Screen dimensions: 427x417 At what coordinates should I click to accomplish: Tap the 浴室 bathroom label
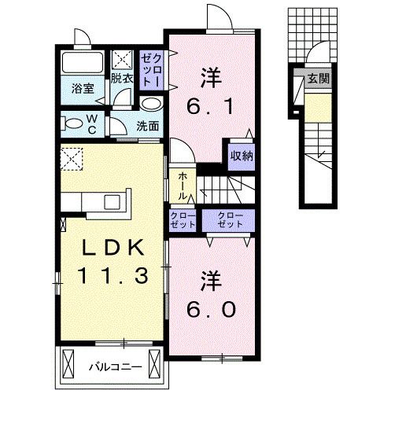83,88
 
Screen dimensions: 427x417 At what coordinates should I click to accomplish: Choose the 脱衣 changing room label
121,78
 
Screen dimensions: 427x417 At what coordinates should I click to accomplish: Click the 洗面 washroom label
147,125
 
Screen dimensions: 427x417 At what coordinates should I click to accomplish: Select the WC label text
93,124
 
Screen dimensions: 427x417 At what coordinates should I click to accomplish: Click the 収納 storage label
242,155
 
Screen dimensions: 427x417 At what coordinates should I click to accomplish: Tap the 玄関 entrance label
318,79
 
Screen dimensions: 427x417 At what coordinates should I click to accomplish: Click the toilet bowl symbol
74,123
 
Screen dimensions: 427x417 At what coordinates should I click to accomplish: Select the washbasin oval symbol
151,103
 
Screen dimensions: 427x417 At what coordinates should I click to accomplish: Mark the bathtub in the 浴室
83,64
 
